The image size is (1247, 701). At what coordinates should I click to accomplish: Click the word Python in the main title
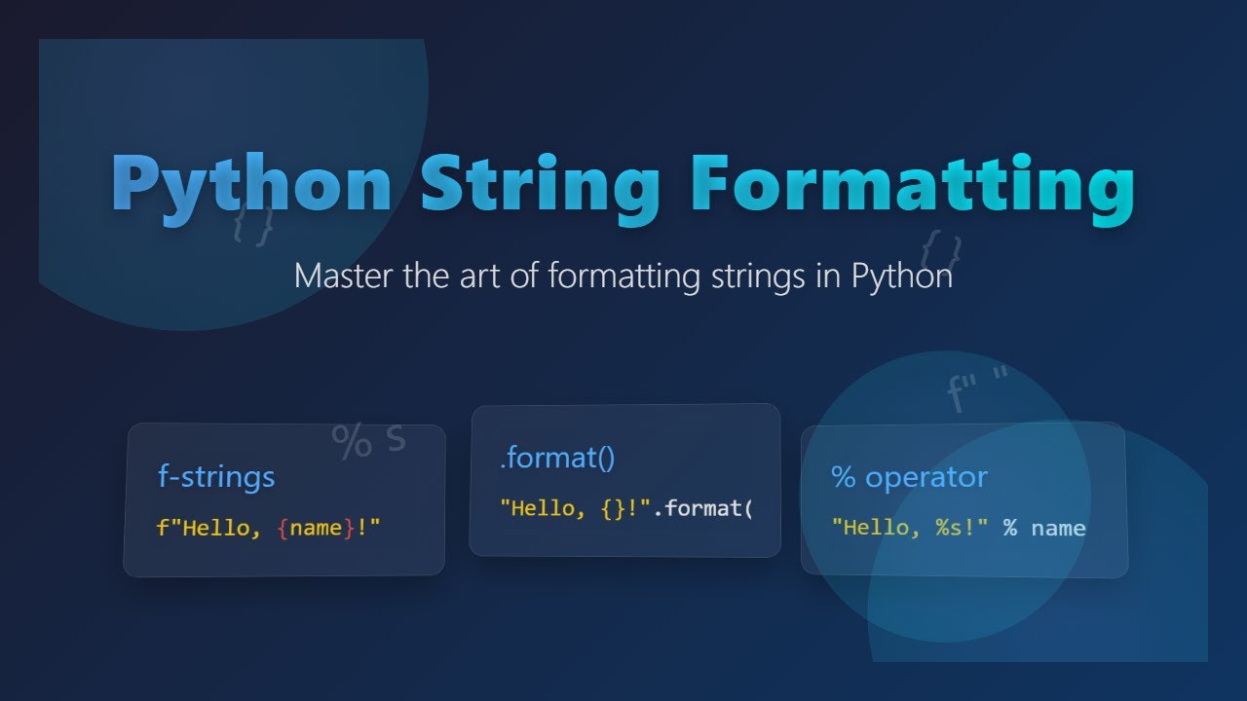coord(251,185)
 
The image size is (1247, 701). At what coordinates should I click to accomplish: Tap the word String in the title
coord(542,185)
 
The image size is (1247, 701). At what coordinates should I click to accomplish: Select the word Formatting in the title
coord(913,185)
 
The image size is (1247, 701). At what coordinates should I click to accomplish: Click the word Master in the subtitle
coord(343,276)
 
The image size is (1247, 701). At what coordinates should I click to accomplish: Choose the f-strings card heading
coord(216,477)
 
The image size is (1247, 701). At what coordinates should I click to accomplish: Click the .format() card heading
coord(557,458)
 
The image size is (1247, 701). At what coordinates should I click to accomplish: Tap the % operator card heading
coord(909,477)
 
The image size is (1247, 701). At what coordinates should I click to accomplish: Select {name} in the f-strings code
coord(316,529)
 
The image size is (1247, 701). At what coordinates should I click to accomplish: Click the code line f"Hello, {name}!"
coord(268,529)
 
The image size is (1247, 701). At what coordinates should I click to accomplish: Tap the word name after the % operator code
coord(1058,528)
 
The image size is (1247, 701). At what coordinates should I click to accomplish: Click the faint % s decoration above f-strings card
coord(368,439)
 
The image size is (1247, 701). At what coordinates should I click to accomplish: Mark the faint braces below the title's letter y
coord(253,224)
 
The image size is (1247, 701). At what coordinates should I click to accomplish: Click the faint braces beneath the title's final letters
coord(941,249)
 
